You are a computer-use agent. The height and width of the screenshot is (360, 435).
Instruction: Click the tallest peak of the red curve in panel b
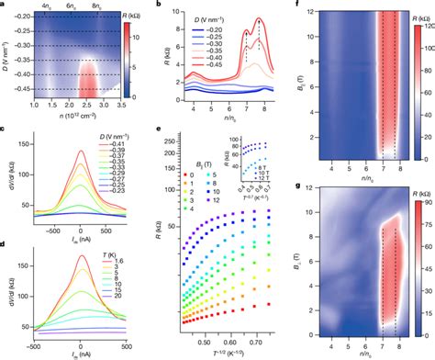pyautogui.click(x=260, y=20)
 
